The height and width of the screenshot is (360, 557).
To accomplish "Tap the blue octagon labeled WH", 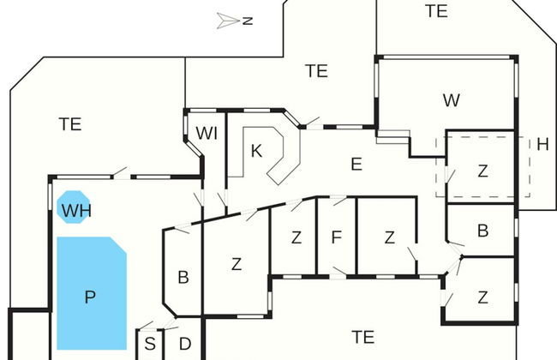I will (74, 208).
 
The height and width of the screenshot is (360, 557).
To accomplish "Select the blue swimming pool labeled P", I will (90, 297).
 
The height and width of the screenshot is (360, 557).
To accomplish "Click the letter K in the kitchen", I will (256, 152).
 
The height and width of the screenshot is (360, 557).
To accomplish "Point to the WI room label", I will (207, 133).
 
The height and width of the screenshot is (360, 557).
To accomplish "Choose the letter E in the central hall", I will (356, 163).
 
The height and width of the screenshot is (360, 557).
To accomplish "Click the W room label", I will (452, 100).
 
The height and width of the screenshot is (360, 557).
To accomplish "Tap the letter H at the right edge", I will (542, 145).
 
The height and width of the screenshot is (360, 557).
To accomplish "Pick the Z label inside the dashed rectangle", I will (482, 171).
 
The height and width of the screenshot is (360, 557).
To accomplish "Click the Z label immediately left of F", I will (296, 237).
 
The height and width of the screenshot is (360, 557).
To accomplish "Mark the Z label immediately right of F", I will (389, 237).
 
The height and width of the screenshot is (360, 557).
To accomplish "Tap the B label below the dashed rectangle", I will (482, 230).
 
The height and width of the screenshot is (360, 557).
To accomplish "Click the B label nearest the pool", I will (183, 277).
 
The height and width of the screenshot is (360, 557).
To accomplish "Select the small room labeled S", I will (150, 345).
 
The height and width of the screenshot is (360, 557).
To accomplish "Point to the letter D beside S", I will (184, 345).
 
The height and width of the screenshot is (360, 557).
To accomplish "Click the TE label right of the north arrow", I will (436, 11).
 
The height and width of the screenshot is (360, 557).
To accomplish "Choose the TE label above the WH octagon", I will (70, 124).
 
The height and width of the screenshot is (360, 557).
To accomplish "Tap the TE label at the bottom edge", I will (362, 337).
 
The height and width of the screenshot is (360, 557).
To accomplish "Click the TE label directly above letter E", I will (316, 71).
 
